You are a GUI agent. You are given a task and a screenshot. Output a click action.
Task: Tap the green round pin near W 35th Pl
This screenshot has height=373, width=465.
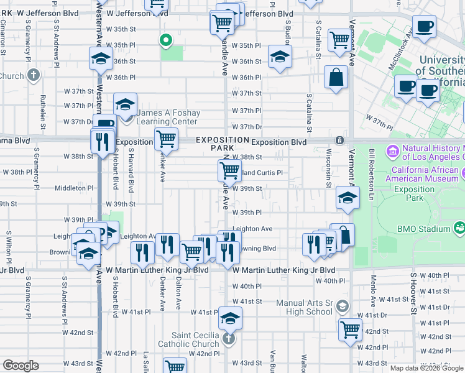coord(166,41)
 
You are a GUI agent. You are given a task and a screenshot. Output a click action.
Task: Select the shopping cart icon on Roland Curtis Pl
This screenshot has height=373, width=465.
coord(230,170)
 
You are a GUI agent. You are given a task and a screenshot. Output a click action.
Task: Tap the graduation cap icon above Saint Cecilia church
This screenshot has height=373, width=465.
coord(230,318)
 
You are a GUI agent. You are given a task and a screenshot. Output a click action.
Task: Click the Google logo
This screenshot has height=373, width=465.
coord(21,366)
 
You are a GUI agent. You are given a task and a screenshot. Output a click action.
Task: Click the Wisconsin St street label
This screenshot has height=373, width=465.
coord(328,171)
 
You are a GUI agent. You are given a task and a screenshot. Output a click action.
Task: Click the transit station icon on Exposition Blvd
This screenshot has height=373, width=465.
coord(339,140)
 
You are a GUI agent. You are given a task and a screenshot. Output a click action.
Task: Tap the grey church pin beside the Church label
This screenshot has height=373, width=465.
coord(34,76)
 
